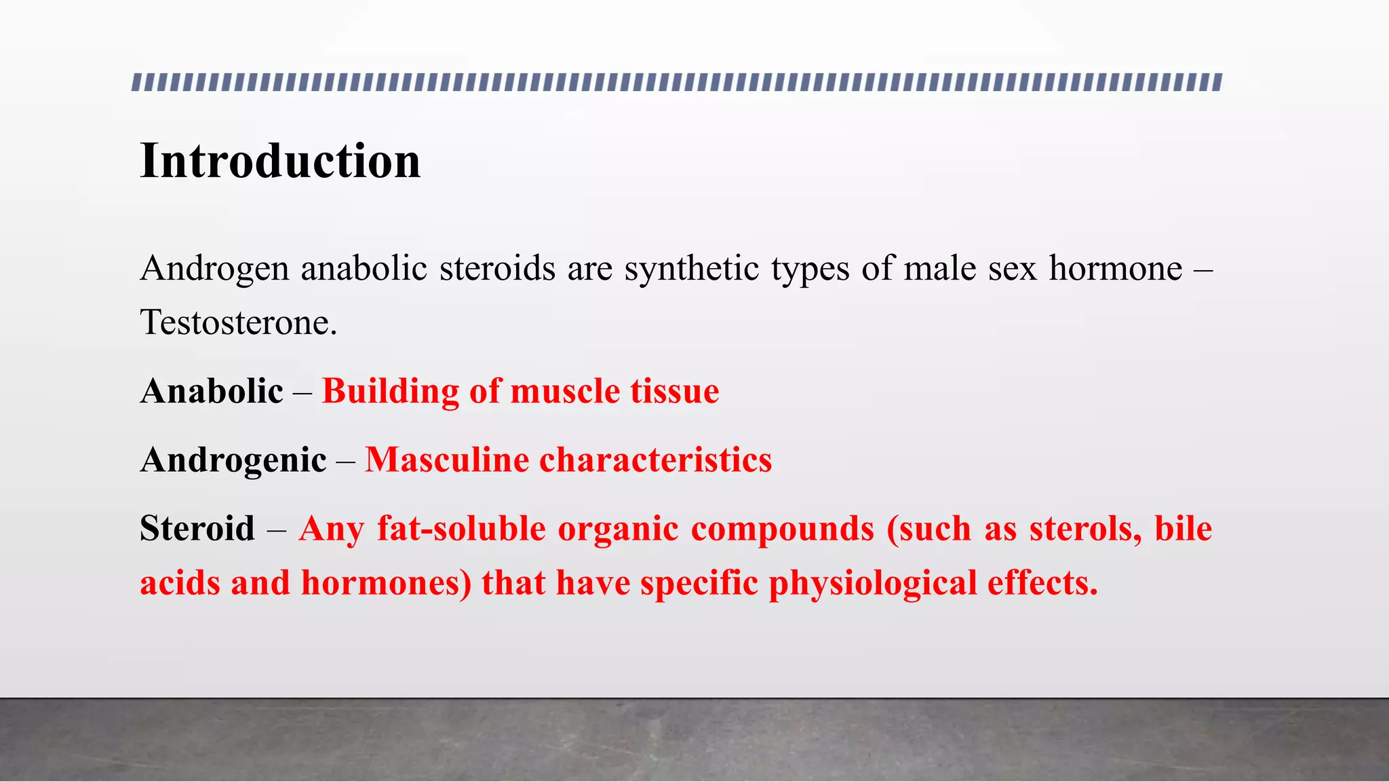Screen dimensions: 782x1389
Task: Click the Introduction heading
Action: (x=280, y=162)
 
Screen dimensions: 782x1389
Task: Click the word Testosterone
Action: (x=237, y=322)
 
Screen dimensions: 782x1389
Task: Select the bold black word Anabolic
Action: (x=212, y=392)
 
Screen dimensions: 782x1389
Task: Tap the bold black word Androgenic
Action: (x=233, y=460)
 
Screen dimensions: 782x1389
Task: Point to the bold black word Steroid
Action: (x=197, y=529)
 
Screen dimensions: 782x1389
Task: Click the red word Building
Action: (x=390, y=392)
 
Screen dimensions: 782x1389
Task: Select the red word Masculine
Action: (x=447, y=460)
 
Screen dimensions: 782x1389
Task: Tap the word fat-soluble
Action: (x=461, y=529)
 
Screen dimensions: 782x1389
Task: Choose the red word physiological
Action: (x=873, y=584)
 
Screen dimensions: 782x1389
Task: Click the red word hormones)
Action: (x=386, y=584)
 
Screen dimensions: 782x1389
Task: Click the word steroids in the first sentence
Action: (x=498, y=268)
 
